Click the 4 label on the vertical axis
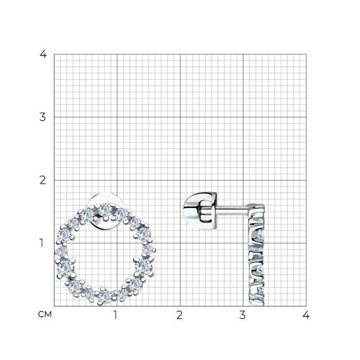point(43,54)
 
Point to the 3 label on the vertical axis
point(42,117)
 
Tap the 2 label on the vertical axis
point(42,180)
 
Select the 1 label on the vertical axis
point(42,243)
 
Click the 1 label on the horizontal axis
point(115,315)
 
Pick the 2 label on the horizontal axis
point(179,315)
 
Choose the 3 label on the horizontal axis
point(243,315)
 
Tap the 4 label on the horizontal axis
point(306,315)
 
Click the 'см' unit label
point(45,315)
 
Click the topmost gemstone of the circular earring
point(104,210)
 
